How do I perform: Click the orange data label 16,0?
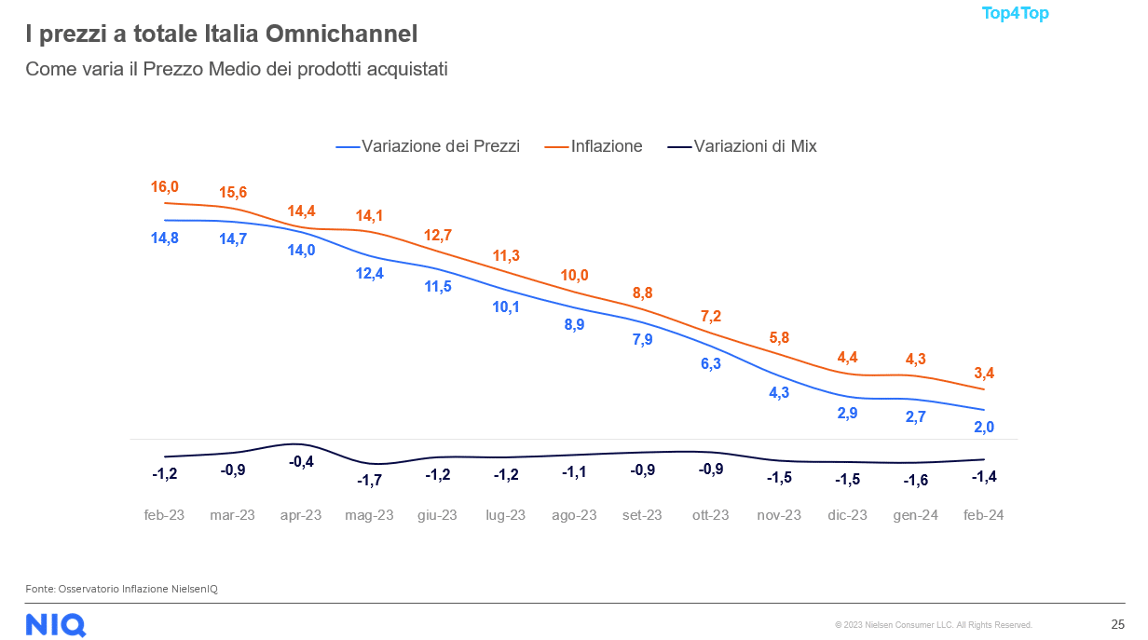[x=164, y=187]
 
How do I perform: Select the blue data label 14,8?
[x=164, y=238]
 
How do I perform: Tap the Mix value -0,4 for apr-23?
[x=301, y=461]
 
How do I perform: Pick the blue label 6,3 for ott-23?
[x=711, y=363]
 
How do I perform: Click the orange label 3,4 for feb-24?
[x=984, y=374]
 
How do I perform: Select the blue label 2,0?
[x=984, y=427]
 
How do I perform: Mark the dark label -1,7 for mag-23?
[x=369, y=480]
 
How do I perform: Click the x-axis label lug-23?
[x=506, y=515]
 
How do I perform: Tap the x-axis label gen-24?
[x=916, y=515]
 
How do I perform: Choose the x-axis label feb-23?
[x=164, y=515]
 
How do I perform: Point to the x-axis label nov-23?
[x=779, y=515]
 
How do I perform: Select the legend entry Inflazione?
[x=606, y=146]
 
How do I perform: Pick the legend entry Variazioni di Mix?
[x=755, y=146]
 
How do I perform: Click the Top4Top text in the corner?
[x=1015, y=14]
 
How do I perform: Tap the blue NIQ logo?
[x=56, y=624]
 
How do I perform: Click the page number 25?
[x=1117, y=624]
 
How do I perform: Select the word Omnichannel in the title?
[x=341, y=34]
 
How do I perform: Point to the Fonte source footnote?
[x=121, y=589]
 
